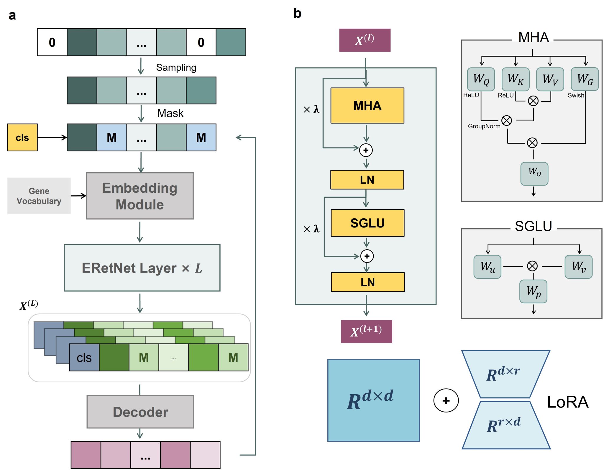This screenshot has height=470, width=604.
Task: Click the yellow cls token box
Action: click(x=22, y=137)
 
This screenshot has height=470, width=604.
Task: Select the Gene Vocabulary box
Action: click(x=39, y=196)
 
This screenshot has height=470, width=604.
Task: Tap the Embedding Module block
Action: click(x=140, y=196)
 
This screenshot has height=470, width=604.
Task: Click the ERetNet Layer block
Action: click(x=142, y=268)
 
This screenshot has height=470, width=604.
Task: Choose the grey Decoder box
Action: click(x=140, y=412)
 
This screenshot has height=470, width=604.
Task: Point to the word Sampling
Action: click(x=176, y=68)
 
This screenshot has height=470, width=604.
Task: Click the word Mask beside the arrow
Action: click(x=170, y=113)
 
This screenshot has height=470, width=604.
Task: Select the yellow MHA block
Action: click(x=367, y=106)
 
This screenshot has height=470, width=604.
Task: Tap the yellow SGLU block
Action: click(x=367, y=223)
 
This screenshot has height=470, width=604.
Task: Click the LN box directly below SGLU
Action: click(x=368, y=282)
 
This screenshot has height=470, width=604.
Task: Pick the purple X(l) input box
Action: click(x=365, y=40)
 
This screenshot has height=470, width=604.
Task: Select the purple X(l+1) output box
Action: click(x=366, y=331)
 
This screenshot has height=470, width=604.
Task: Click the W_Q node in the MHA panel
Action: click(x=481, y=79)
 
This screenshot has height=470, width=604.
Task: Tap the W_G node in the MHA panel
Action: click(x=585, y=79)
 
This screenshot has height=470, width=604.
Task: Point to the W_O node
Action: click(x=534, y=174)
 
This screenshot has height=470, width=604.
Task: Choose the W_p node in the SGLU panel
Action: click(x=533, y=292)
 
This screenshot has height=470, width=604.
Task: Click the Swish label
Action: click(x=576, y=95)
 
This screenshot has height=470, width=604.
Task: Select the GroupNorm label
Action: click(x=484, y=126)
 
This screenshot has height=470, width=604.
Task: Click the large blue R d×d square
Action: click(x=373, y=400)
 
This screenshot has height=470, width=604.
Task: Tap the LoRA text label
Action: click(x=568, y=402)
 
